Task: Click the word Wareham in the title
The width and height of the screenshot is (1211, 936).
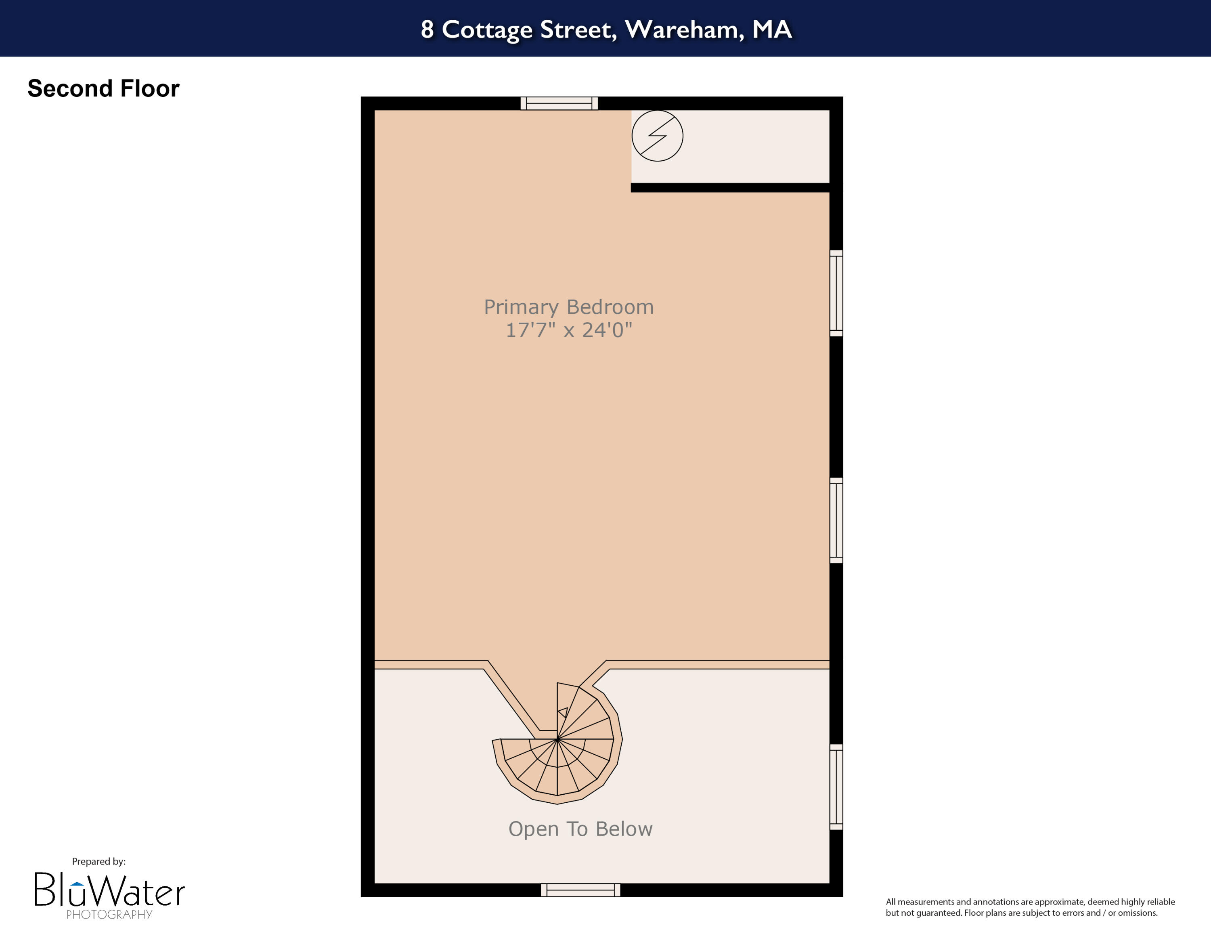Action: click(684, 29)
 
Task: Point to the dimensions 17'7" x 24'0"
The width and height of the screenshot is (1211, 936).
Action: click(568, 330)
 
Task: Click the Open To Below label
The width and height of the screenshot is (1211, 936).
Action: click(580, 829)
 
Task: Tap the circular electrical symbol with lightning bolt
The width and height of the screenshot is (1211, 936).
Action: click(657, 136)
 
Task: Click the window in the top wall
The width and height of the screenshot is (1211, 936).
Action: click(559, 103)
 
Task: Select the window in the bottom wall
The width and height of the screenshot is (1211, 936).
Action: click(580, 890)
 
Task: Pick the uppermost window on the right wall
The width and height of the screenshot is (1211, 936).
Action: click(836, 293)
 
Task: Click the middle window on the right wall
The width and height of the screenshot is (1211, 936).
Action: click(836, 520)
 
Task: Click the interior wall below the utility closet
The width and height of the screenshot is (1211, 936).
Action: click(730, 187)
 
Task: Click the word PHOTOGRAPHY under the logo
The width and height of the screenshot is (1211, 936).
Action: click(109, 914)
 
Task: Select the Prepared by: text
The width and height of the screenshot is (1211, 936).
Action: click(99, 861)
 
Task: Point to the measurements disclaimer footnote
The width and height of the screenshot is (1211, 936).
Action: click(1030, 907)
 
